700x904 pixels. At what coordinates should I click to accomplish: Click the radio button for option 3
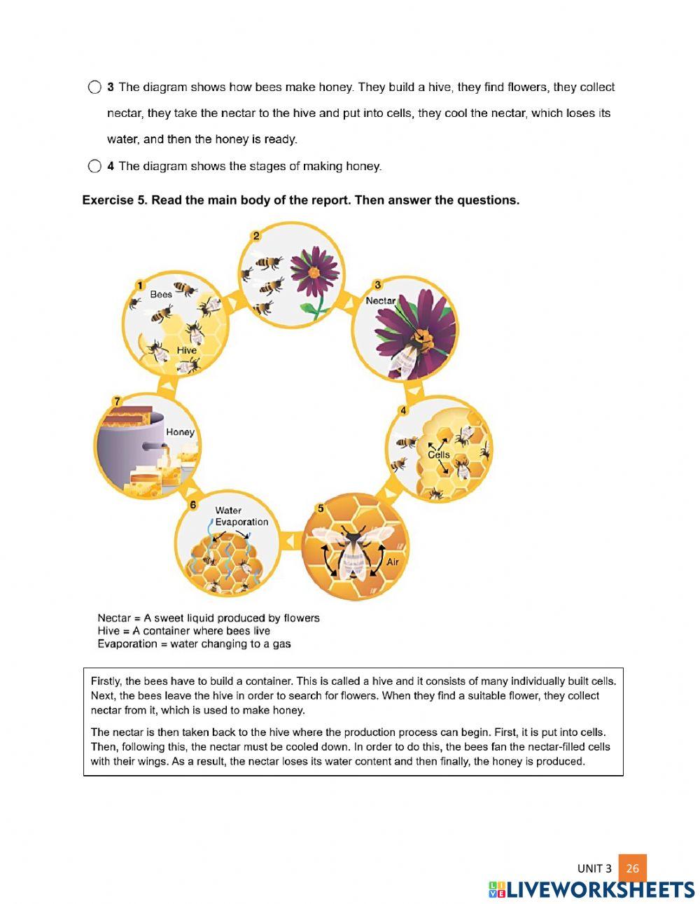coord(94,88)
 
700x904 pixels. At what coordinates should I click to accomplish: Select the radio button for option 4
coord(94,167)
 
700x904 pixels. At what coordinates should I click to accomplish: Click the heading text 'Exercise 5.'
coord(115,200)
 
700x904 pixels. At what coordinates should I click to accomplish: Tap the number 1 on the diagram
coord(140,285)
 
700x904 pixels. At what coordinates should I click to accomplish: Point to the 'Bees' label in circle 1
coord(161,294)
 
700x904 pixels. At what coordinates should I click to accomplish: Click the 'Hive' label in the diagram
coord(187,350)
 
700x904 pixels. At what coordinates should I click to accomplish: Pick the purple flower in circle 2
coord(314,271)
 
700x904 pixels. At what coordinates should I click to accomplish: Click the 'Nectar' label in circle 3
coord(381,300)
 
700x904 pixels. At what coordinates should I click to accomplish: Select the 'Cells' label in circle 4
coord(439,454)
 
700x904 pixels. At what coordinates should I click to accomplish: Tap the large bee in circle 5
coord(352,550)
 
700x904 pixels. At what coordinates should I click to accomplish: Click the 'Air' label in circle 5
coord(393,562)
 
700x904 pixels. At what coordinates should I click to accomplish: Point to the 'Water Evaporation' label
coord(241,516)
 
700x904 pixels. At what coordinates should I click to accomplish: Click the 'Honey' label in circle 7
coord(180,432)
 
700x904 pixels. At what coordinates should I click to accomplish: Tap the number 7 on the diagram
coord(117,401)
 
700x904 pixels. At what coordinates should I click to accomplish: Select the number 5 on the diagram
coord(321,508)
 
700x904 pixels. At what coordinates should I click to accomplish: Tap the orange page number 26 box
coord(632,868)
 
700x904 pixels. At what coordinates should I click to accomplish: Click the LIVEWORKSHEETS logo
coord(591,889)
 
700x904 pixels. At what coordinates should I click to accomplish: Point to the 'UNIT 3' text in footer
coord(594,868)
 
